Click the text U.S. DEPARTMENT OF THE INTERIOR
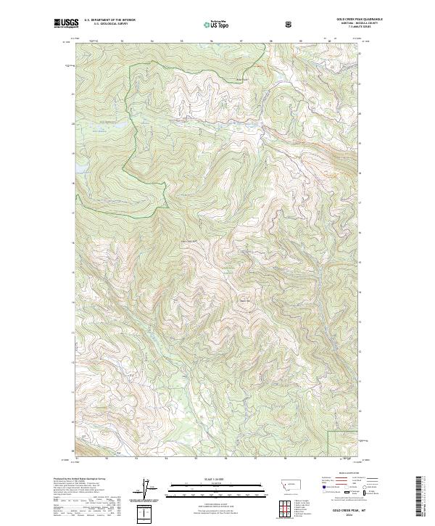click(x=109, y=20)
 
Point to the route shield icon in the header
click(x=290, y=24)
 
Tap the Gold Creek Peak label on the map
click(x=188, y=241)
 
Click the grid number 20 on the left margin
click(x=72, y=123)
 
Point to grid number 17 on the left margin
click(x=72, y=213)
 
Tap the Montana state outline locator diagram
click(x=283, y=481)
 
